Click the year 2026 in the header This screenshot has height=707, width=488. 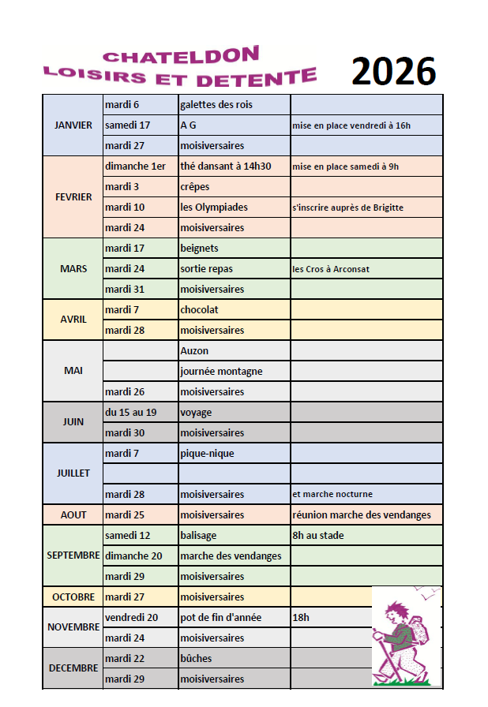pos(393,72)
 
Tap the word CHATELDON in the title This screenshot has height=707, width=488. pos(181,55)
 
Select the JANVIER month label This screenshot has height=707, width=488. pos(73,125)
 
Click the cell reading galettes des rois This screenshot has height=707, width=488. pos(216,104)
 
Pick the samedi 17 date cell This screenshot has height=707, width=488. pos(127,125)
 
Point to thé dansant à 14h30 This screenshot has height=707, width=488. pos(225,166)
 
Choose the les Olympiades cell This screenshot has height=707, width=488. pos(213,207)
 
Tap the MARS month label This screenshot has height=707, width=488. pos(73,268)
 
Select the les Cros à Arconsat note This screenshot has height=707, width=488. pos(331,269)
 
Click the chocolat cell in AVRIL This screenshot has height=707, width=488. pos(199,309)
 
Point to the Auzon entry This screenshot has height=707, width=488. pos(194,350)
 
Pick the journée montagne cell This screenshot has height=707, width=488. pos(221,371)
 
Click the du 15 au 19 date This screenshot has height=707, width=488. pos(130,412)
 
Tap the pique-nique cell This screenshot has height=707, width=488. pos(207,453)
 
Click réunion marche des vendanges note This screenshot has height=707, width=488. pos(362,514)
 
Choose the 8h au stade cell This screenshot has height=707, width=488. pos(317,535)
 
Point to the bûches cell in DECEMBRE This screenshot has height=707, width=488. pos(196,658)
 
